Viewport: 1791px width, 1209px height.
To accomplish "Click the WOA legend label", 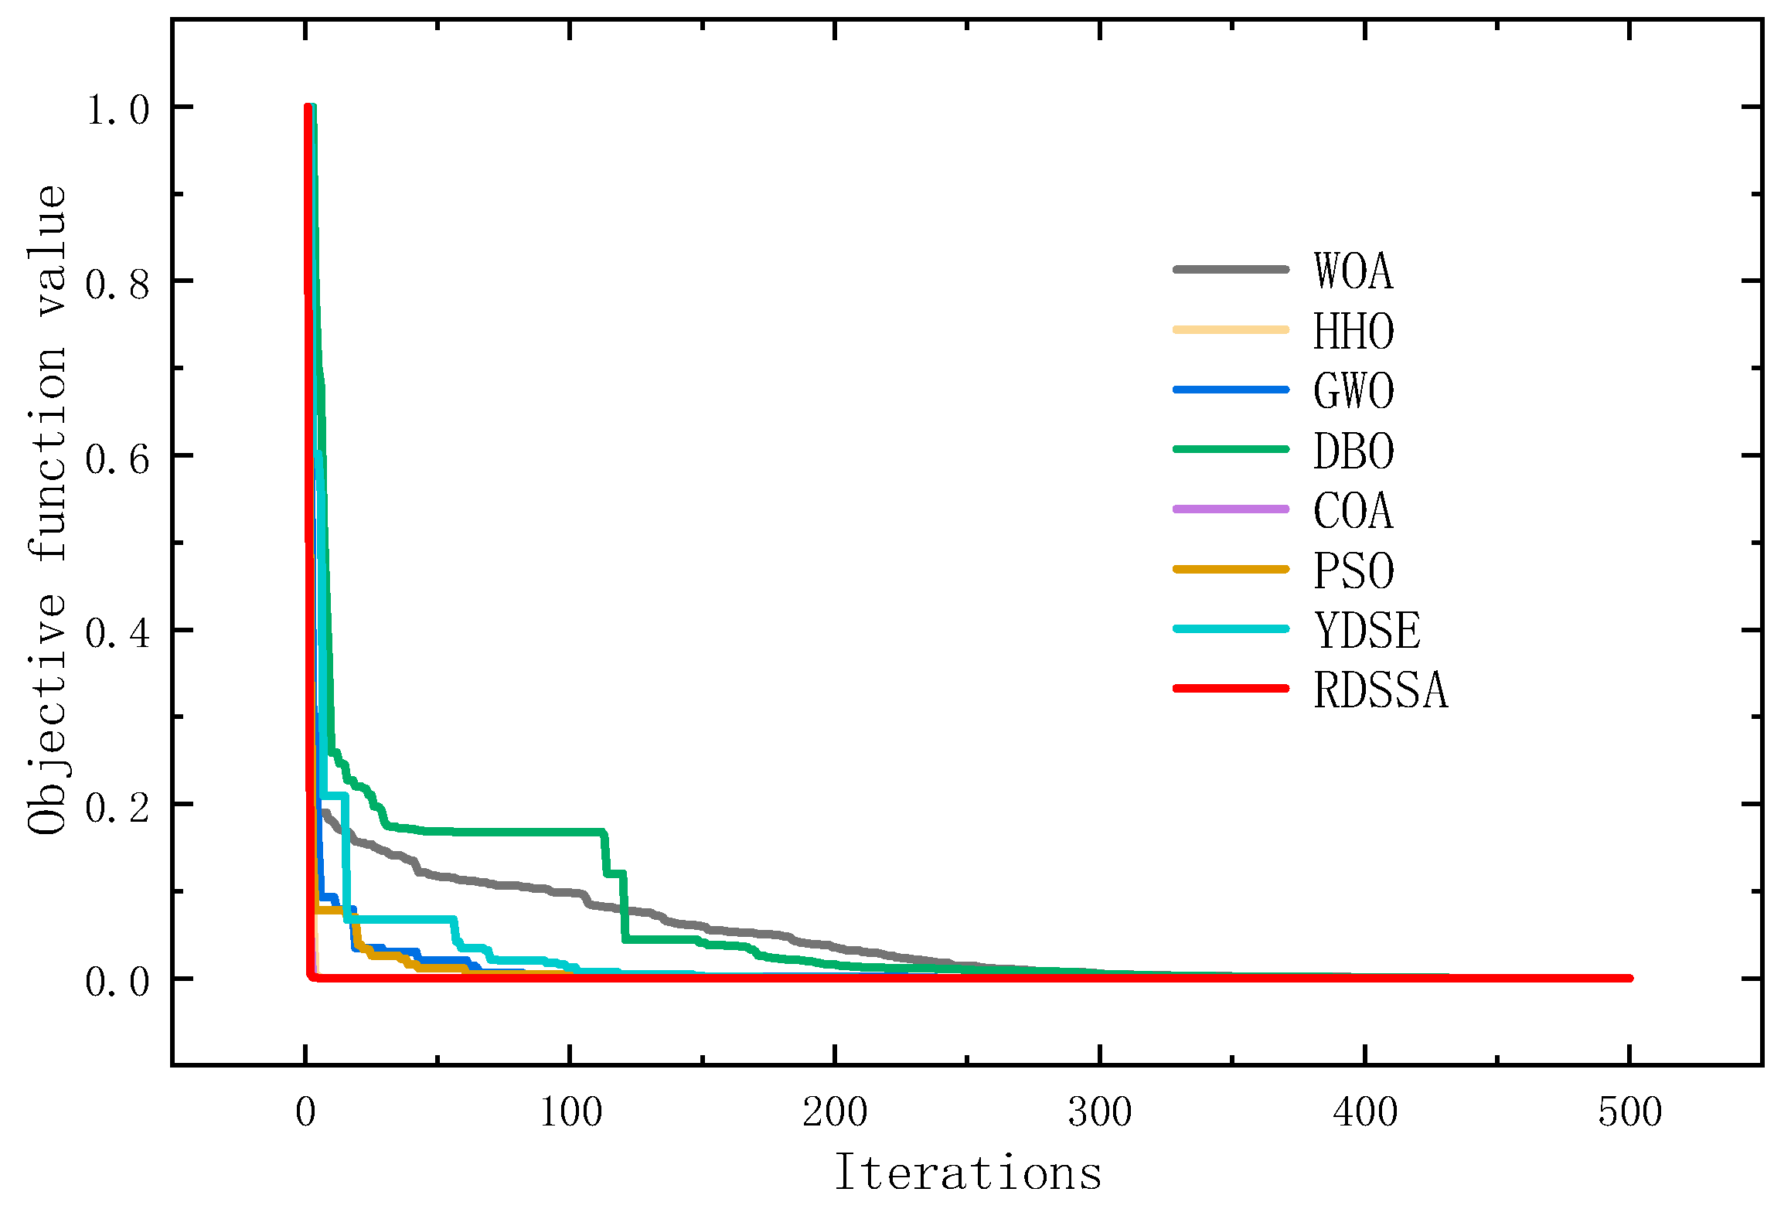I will pyautogui.click(x=1353, y=271).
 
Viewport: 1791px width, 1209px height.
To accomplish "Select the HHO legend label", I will pyautogui.click(x=1353, y=332).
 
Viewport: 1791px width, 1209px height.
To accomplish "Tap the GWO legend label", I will pyautogui.click(x=1353, y=391).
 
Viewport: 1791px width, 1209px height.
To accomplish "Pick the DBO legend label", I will pyautogui.click(x=1353, y=451).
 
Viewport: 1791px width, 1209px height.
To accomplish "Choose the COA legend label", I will pyautogui.click(x=1353, y=511).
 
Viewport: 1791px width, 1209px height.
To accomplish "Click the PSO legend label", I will pyautogui.click(x=1353, y=571).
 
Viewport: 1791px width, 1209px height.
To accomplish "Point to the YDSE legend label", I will pyautogui.click(x=1367, y=631).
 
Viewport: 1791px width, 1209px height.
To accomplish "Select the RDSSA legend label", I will pyautogui.click(x=1380, y=690).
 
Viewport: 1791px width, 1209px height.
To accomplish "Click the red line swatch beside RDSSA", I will pyautogui.click(x=1231, y=688).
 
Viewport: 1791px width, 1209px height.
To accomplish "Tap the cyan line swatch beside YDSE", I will pyautogui.click(x=1231, y=628).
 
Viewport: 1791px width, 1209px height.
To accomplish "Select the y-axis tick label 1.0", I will pyautogui.click(x=117, y=110).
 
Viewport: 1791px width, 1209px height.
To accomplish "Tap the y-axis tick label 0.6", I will pyautogui.click(x=117, y=459).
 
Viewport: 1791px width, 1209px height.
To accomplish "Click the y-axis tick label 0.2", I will pyautogui.click(x=117, y=808).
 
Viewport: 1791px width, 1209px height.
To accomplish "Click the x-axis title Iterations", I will pyautogui.click(x=968, y=1173).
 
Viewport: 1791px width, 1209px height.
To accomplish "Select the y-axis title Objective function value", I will pyautogui.click(x=48, y=510).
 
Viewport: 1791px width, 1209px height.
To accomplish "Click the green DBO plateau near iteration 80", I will pyautogui.click(x=517, y=832).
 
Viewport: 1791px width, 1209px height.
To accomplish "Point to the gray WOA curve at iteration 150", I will pyautogui.click(x=703, y=925).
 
